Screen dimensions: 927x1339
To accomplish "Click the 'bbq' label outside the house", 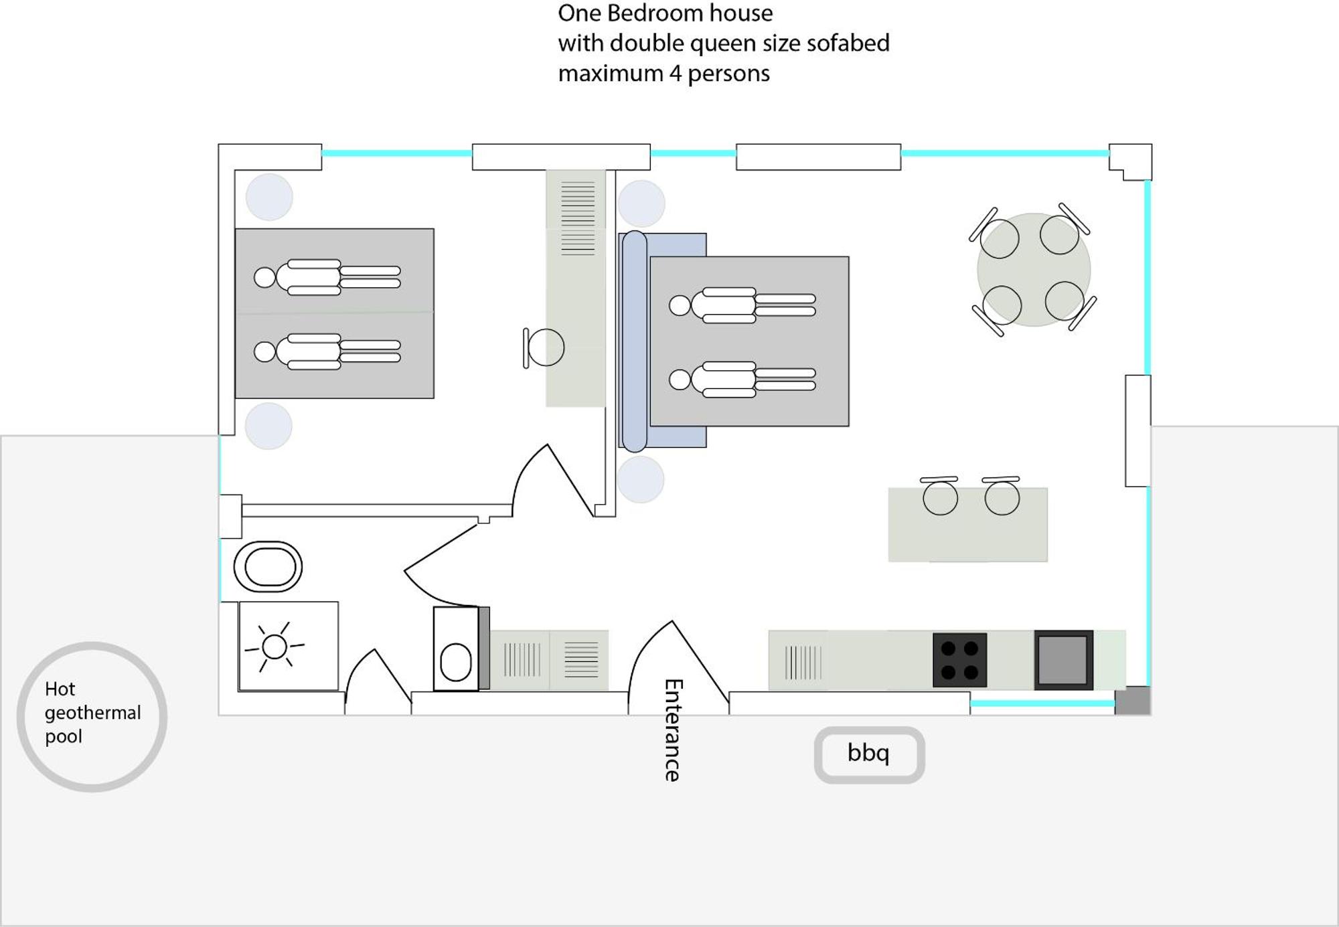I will coord(868,754).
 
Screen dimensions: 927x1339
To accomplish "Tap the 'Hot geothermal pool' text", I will coord(92,713).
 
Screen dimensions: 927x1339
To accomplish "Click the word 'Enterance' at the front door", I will coord(673,730).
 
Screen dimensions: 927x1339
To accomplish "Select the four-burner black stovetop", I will coord(959,660).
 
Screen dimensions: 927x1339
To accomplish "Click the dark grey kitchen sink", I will coord(1063,660).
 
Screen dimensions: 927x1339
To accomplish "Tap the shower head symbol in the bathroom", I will coord(274,647).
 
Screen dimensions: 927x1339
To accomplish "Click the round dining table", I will coord(1033,270).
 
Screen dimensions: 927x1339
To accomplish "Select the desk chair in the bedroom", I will coord(544,347).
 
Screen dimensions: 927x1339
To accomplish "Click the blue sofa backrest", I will coord(634,341).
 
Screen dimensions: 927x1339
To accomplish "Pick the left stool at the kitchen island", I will coord(940,497).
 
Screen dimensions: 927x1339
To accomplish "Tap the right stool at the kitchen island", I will coord(1002,497).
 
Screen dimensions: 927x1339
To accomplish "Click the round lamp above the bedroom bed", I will coord(269,197).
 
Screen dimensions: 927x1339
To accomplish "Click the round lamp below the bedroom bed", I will coord(268,426).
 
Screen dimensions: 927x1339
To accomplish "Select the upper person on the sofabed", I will coord(742,305).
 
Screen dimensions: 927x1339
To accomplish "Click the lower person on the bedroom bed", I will coord(327,351).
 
